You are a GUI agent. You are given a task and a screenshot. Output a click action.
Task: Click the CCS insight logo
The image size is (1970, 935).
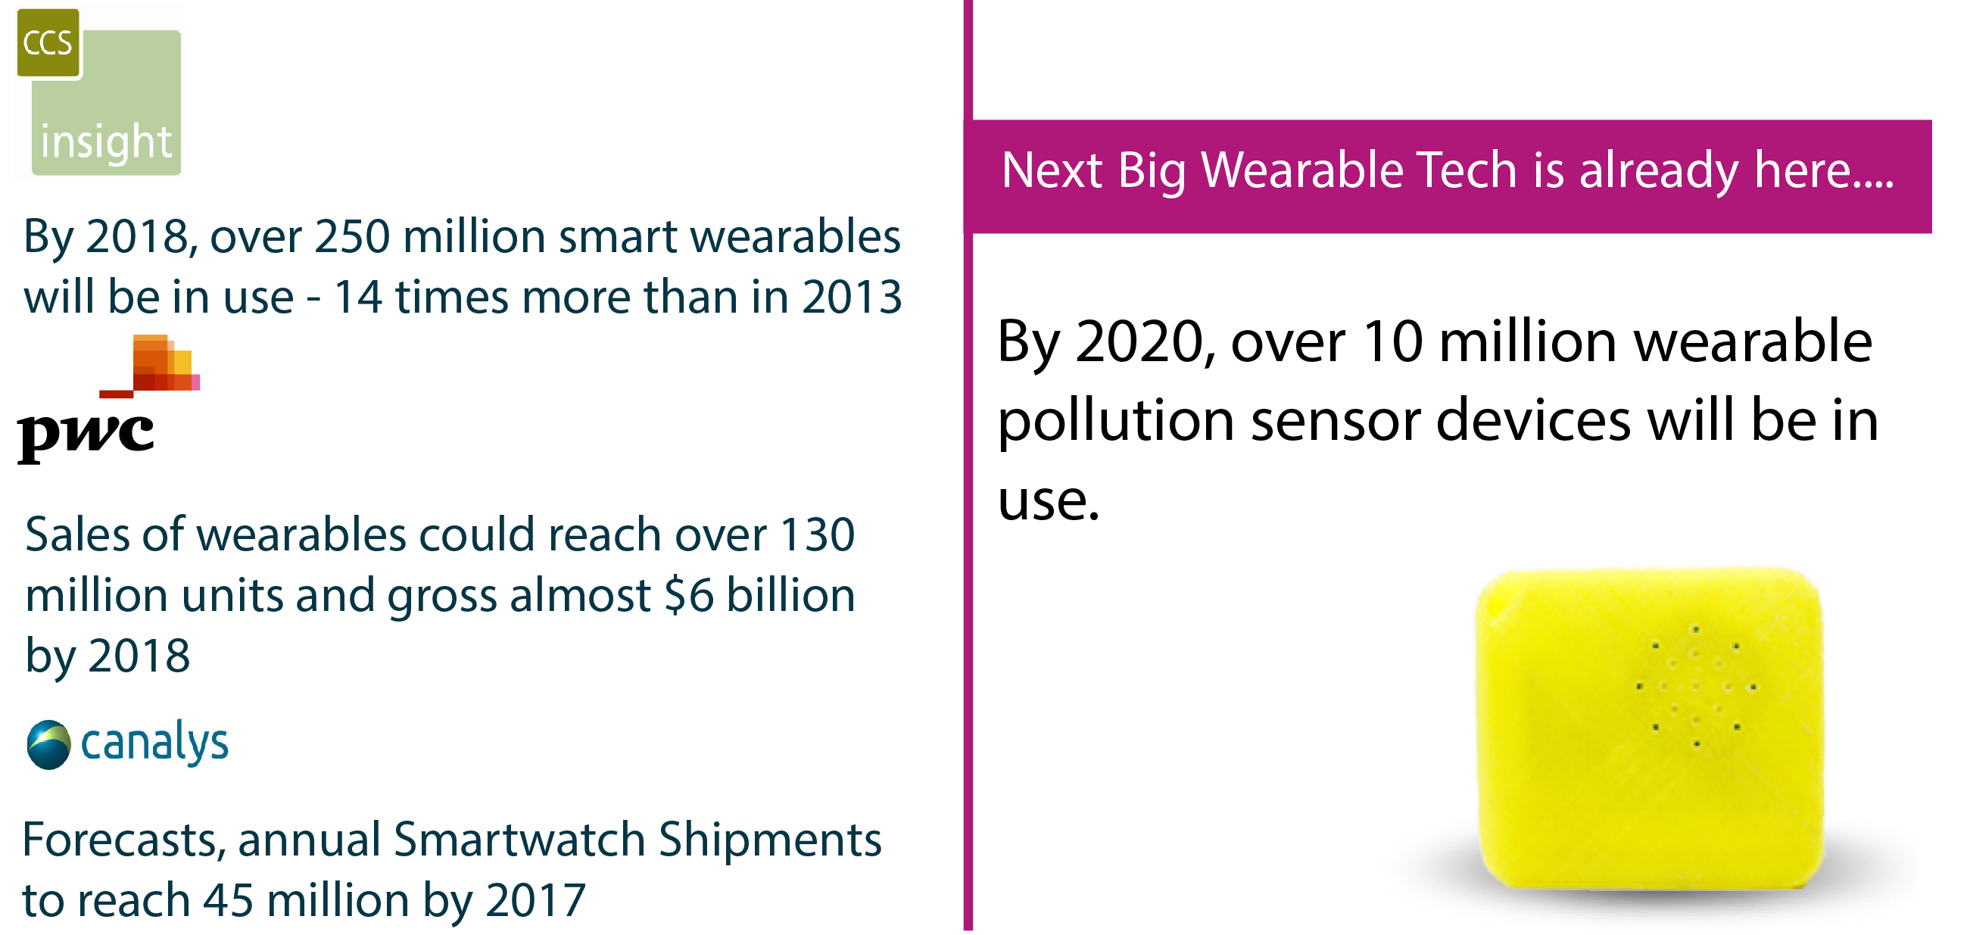99,93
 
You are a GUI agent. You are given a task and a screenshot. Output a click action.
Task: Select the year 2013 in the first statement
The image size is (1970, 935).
852,298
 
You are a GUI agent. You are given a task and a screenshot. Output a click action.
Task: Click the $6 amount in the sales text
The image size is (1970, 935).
688,597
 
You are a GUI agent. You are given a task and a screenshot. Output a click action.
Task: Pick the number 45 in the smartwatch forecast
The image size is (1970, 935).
228,902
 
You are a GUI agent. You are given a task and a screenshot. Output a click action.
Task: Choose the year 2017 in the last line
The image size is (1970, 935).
535,902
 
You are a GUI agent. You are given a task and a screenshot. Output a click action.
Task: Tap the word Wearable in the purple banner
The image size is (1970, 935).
1301,170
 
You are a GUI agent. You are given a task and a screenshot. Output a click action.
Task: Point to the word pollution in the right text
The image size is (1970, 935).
1116,422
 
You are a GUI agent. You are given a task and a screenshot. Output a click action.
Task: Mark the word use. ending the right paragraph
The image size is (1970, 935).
1049,501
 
